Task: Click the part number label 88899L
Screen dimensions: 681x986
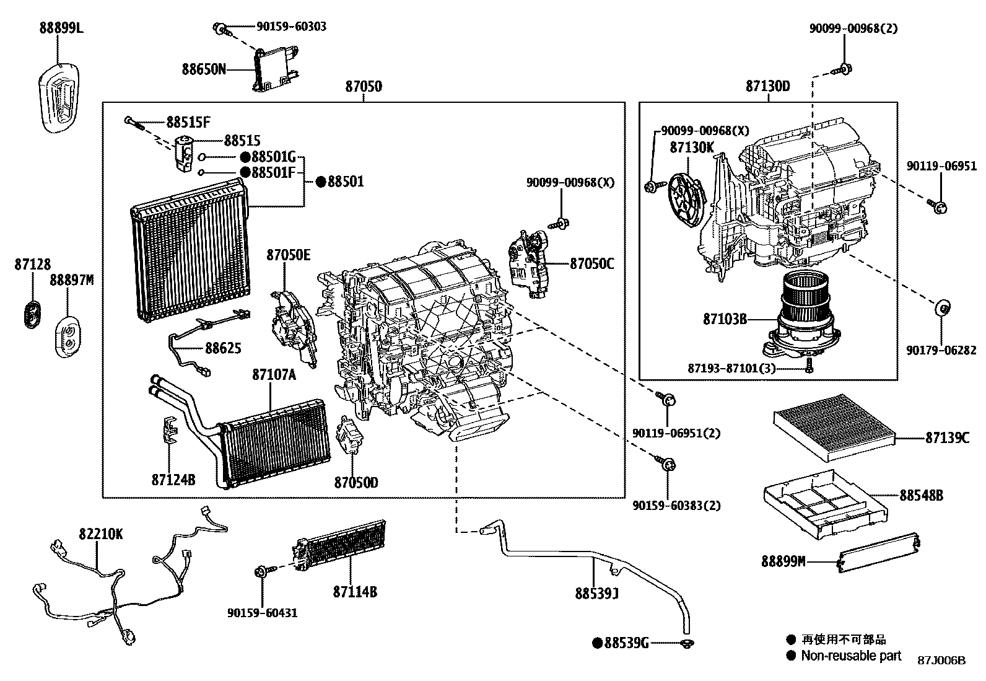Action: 61,27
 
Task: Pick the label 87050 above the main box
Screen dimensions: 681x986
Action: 364,87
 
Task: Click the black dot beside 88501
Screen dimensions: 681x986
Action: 321,182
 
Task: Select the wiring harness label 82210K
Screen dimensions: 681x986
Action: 100,534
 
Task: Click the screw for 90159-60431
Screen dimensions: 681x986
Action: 261,571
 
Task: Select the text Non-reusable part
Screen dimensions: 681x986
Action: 852,656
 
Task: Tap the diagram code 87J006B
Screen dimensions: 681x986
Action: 941,661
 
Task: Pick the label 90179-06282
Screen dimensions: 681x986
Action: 941,351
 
